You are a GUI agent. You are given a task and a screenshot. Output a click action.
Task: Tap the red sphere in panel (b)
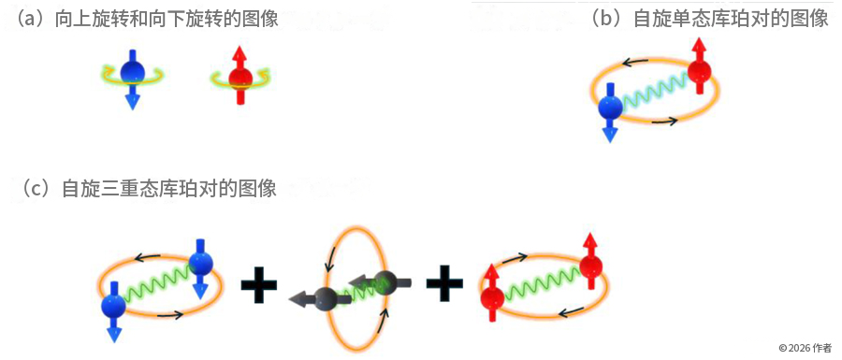coord(699,71)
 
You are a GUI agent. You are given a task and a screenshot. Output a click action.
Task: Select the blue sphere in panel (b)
coord(611,107)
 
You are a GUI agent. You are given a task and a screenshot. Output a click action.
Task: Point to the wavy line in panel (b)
coord(655,89)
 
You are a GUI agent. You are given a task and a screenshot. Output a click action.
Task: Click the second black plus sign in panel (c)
coord(444,282)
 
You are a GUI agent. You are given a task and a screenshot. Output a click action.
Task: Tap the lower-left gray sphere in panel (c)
coord(326,298)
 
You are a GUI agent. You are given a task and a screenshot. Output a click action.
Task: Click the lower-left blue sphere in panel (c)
coord(113,306)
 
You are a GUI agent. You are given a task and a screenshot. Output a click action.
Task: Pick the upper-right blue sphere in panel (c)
coord(201,263)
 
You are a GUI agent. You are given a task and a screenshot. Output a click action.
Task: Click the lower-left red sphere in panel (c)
coord(492,297)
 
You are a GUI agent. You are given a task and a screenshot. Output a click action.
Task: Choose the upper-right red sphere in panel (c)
coord(590,266)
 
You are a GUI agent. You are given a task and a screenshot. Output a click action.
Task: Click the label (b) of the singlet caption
coord(610,19)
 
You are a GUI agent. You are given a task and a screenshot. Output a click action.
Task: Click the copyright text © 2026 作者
coord(806,348)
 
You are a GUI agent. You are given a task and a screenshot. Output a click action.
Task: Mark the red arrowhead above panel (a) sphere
coord(240,53)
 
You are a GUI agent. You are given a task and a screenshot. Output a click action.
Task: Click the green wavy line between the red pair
coord(542,282)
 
